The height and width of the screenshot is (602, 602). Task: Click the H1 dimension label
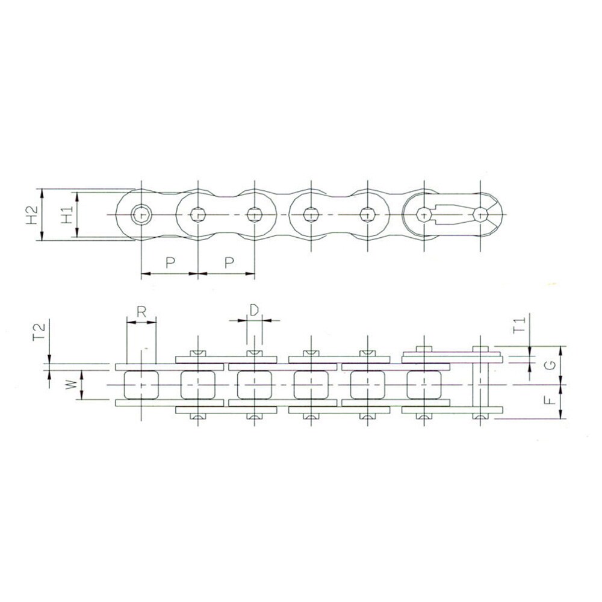point(67,214)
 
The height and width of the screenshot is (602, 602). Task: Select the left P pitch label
point(170,262)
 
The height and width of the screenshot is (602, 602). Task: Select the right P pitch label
point(228,262)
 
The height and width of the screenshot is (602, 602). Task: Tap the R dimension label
point(141,311)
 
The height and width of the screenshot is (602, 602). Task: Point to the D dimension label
point(254,309)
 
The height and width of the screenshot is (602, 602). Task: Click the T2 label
point(39,331)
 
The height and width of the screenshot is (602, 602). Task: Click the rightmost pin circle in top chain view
point(480,214)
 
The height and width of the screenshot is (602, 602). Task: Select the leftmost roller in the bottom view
point(141,385)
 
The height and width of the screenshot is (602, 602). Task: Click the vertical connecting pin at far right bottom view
point(480,384)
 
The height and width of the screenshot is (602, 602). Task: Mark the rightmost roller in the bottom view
point(424,385)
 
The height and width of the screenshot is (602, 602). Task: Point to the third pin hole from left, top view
point(255,214)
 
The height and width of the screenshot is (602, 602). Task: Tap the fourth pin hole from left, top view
point(311,214)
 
